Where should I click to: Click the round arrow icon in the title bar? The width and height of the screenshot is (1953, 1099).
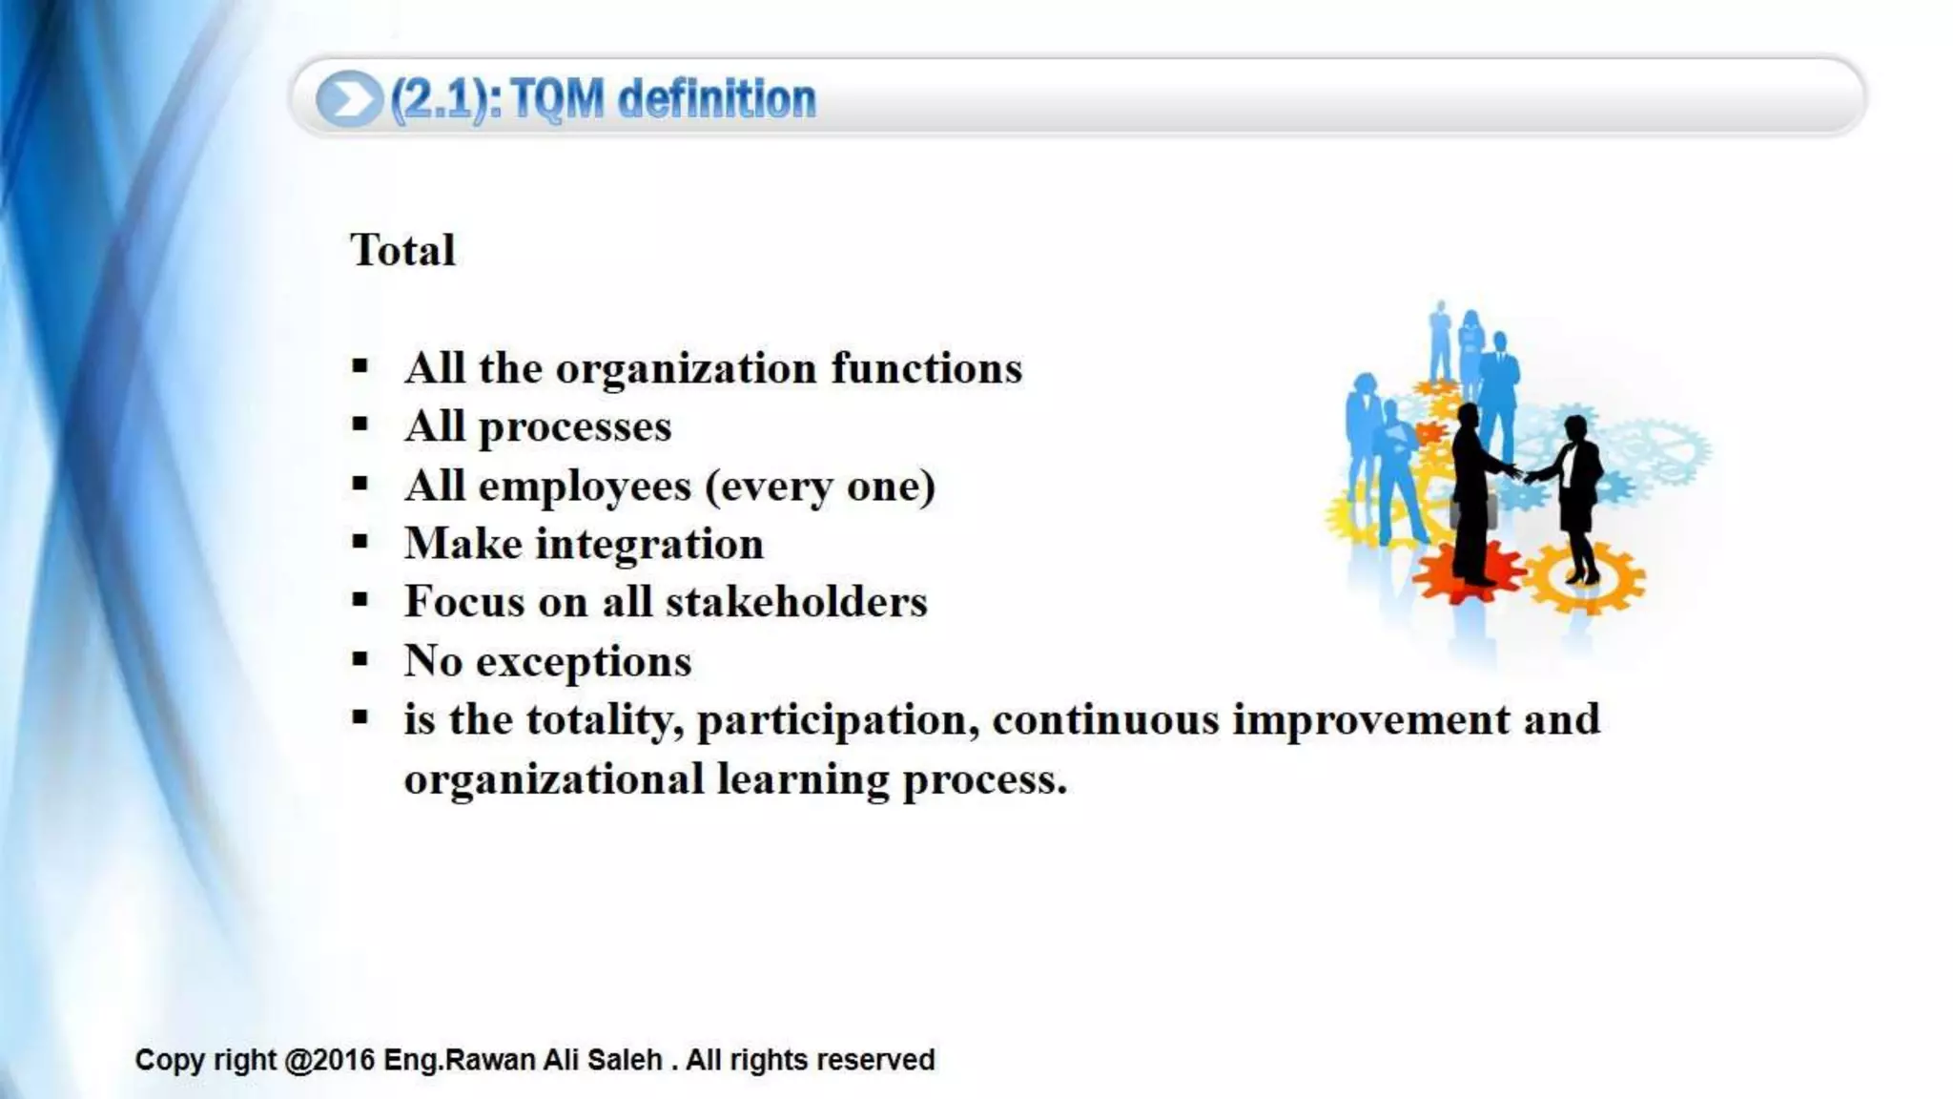tap(348, 99)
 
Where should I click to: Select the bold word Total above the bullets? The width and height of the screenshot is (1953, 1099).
tap(402, 251)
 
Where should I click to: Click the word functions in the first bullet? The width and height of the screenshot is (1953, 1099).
tap(926, 368)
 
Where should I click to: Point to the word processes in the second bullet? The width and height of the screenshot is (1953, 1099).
tap(574, 427)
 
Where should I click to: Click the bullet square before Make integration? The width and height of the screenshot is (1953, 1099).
tap(360, 543)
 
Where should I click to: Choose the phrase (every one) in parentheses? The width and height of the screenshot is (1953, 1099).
tap(819, 487)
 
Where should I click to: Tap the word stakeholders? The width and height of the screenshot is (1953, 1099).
tap(795, 603)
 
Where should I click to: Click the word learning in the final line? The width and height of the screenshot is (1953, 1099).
tap(803, 779)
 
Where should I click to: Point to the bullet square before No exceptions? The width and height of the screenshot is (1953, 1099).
tap(360, 659)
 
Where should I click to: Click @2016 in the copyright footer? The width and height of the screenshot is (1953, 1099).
tap(329, 1060)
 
